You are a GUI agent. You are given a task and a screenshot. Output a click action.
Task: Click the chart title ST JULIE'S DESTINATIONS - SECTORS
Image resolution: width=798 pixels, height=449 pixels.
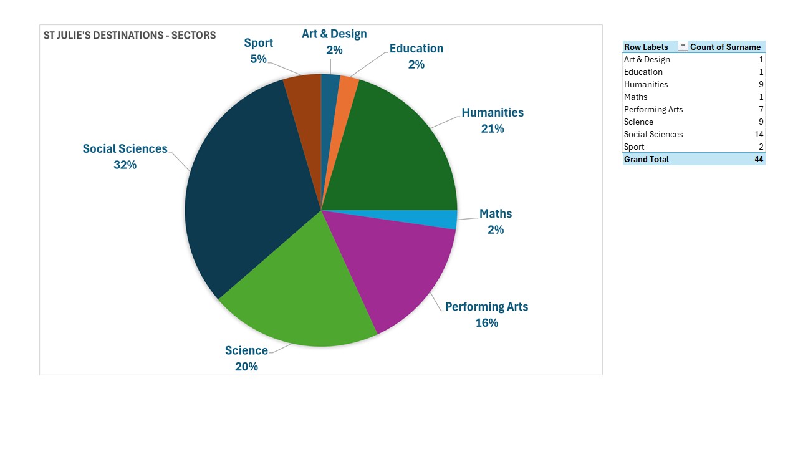pyautogui.click(x=130, y=36)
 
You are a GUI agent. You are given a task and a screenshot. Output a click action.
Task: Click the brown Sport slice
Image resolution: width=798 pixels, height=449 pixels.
pyautogui.click(x=305, y=107)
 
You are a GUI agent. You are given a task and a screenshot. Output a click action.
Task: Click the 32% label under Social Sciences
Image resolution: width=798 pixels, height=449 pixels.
pyautogui.click(x=125, y=165)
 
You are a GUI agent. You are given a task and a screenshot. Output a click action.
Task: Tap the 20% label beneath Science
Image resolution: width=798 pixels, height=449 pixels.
pyautogui.click(x=246, y=367)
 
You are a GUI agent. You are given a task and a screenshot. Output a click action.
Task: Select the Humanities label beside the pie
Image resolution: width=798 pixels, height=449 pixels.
pyautogui.click(x=493, y=113)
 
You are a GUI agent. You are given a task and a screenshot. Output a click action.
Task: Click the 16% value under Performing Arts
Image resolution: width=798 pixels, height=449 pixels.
pyautogui.click(x=487, y=323)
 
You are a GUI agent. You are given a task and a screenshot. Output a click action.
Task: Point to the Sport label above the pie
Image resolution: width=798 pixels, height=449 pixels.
pyautogui.click(x=258, y=43)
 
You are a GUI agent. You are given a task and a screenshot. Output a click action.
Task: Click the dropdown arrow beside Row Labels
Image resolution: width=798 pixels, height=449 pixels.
pyautogui.click(x=683, y=46)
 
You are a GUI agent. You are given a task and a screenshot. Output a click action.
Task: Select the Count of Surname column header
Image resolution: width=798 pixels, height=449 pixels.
pyautogui.click(x=725, y=47)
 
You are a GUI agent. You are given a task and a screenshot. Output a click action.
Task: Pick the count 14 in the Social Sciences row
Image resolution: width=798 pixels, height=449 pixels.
pyautogui.click(x=759, y=134)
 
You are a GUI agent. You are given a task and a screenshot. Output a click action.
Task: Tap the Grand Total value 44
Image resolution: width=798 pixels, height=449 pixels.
pyautogui.click(x=759, y=159)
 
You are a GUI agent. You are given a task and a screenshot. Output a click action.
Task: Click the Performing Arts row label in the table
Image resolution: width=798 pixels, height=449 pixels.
pyautogui.click(x=653, y=109)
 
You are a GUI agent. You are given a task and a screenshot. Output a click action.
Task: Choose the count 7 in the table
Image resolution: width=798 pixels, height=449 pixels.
pyautogui.click(x=761, y=109)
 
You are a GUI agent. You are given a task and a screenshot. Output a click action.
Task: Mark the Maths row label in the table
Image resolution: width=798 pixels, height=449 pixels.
pyautogui.click(x=635, y=97)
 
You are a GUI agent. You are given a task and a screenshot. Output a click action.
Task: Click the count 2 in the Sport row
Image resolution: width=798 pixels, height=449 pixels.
pyautogui.click(x=761, y=147)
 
